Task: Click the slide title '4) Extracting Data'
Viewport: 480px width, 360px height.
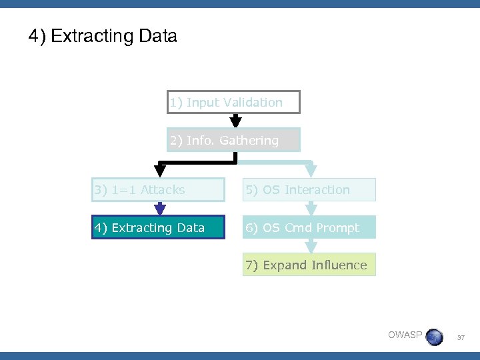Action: point(103,36)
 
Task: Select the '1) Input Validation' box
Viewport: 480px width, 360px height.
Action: point(233,102)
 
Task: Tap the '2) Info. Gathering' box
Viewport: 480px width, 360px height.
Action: point(233,140)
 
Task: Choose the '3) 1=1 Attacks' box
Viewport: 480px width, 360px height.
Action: point(158,190)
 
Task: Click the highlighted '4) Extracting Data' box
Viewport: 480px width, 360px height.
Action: point(158,227)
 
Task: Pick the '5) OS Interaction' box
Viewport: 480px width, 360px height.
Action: point(309,190)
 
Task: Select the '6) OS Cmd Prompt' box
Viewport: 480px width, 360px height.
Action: point(309,227)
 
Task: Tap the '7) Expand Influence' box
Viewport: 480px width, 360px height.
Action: point(309,265)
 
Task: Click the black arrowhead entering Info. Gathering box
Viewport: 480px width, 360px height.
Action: point(235,122)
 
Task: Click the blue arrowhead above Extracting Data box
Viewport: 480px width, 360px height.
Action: point(159,209)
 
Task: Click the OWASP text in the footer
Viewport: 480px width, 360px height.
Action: point(405,335)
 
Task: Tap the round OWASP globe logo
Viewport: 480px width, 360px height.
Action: point(434,337)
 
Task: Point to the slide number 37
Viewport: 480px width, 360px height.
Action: point(461,338)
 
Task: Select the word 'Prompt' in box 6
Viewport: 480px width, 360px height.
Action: point(337,227)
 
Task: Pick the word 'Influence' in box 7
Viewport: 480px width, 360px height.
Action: point(338,265)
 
